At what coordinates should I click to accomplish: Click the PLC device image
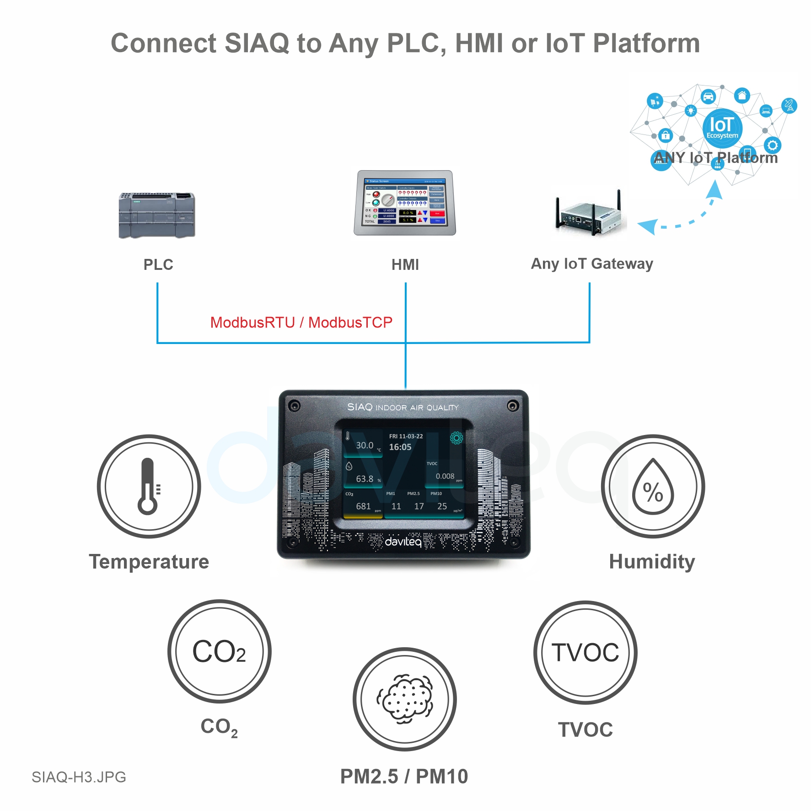coord(157,215)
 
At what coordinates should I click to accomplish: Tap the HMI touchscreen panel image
coord(405,203)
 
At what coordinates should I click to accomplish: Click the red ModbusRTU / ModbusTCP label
coord(301,322)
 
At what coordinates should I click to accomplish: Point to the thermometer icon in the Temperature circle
coord(148,486)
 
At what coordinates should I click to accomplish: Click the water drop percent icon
coord(653,488)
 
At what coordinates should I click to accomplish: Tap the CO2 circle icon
coord(220,651)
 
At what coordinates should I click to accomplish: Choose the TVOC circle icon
coord(585,652)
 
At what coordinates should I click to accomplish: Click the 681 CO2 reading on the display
coord(363,506)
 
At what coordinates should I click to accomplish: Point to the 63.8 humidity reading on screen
coord(365,479)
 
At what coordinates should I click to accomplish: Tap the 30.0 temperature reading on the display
coord(365,446)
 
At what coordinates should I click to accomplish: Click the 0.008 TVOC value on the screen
coord(445,476)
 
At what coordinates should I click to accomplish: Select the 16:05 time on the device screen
coord(400,447)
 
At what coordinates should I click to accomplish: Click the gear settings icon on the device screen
coord(456,438)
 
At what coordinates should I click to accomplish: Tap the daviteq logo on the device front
coord(403,542)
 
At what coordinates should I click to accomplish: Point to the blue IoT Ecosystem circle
coord(722,128)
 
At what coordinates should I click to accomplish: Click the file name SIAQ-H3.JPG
coord(79,777)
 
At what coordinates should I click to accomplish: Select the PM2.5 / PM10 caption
coord(404,776)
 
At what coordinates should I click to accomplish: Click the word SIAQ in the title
coord(257,43)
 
